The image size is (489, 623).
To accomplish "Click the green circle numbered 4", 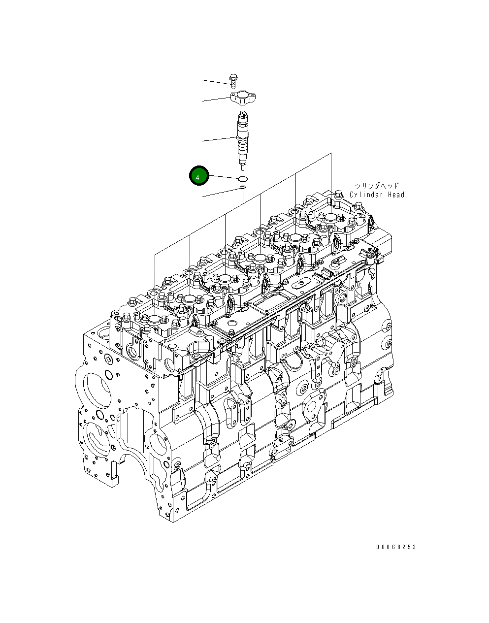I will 199,176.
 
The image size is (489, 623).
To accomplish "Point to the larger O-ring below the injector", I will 243,178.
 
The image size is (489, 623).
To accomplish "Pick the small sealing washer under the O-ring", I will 242,188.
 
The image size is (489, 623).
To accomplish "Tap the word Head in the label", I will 395,195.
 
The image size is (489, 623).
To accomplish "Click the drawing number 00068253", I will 396,547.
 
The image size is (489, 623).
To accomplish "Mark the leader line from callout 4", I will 224,177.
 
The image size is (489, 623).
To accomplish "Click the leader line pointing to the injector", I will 219,139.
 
